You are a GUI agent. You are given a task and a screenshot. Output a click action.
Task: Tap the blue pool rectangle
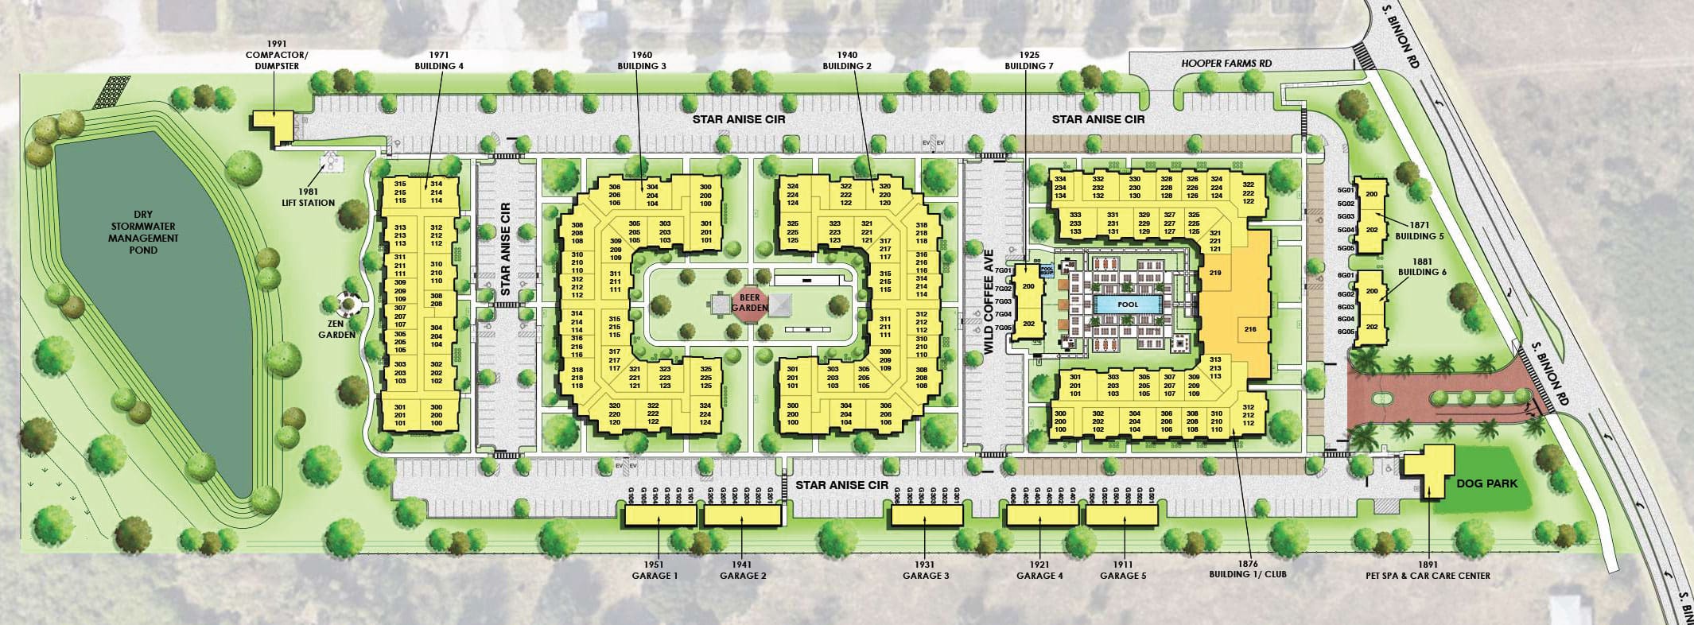pos(1128,305)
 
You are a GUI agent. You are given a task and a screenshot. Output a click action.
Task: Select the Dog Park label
pos(1486,483)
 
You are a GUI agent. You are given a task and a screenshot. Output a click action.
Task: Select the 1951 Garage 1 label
pos(655,570)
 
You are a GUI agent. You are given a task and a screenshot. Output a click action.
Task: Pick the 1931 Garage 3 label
pos(926,570)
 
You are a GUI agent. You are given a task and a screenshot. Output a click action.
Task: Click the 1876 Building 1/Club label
pos(1247,569)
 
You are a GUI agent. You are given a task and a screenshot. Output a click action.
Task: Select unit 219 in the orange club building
pos(1215,273)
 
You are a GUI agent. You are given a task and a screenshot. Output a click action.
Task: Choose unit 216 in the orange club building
pos(1249,328)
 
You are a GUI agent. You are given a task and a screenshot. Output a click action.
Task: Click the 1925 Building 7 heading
pos(1028,60)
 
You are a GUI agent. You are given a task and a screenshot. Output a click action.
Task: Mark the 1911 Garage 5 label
pos(1123,570)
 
